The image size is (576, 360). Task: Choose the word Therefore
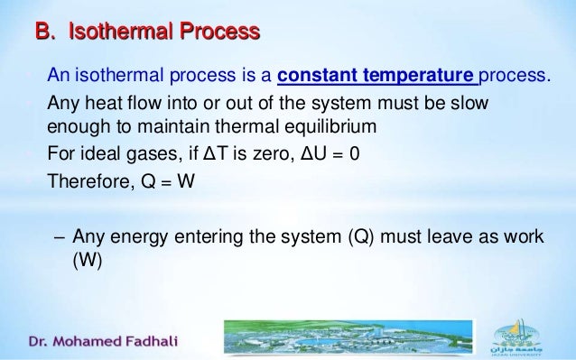click(x=88, y=178)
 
